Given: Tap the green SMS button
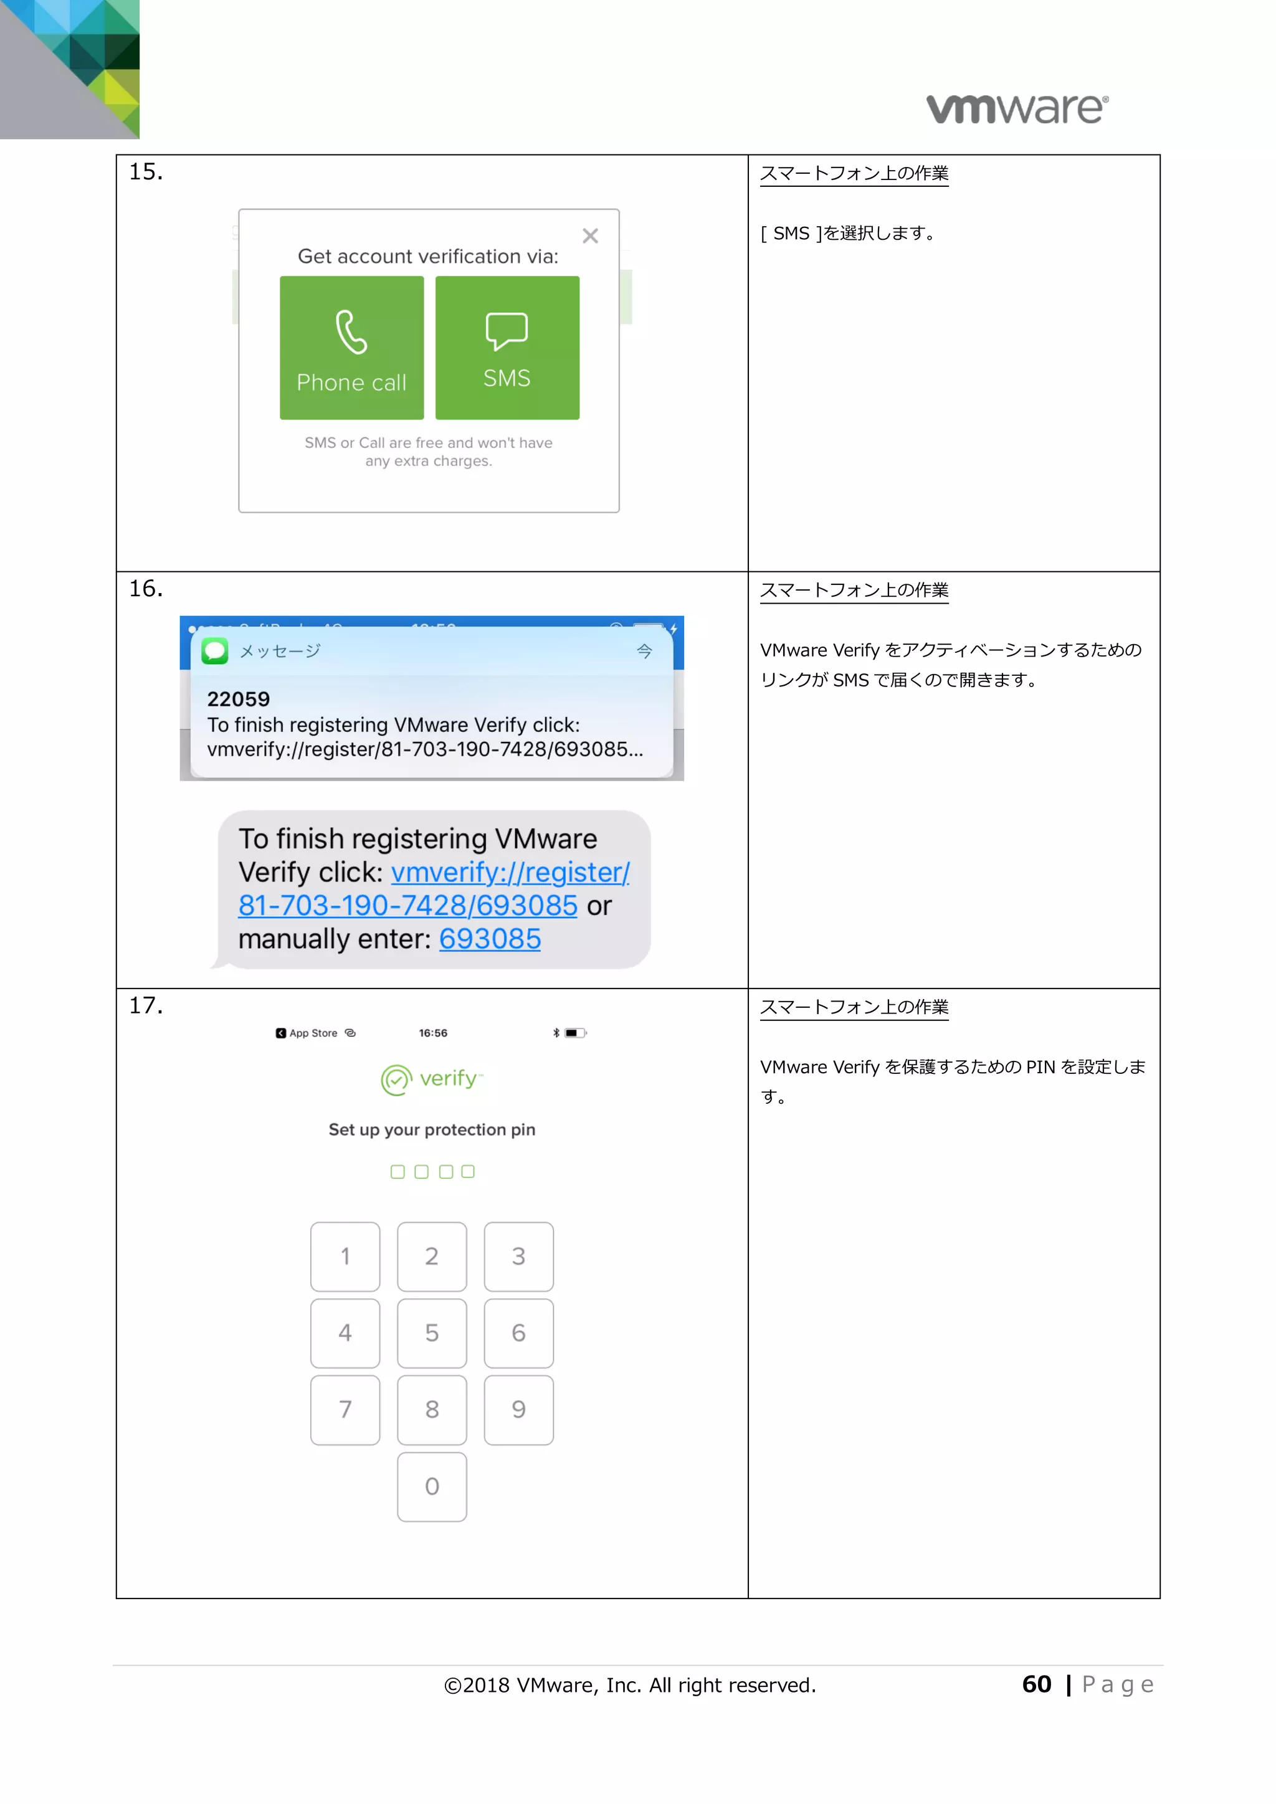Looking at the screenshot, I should click(x=507, y=348).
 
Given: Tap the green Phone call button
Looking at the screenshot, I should click(x=351, y=348).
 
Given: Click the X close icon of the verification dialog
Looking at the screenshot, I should click(x=590, y=235).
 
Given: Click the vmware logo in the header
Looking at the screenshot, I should click(x=1017, y=108).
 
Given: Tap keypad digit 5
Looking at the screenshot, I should click(x=431, y=1332).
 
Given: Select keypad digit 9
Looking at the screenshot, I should click(x=518, y=1410).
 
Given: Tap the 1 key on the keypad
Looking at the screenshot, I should click(x=345, y=1256).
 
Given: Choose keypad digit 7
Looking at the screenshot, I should click(x=345, y=1410).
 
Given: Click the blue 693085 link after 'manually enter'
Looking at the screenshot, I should click(x=490, y=939).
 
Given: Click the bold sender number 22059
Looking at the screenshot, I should click(x=238, y=698).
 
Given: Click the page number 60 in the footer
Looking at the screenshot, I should click(x=1036, y=1684).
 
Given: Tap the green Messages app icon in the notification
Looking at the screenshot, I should click(x=214, y=650).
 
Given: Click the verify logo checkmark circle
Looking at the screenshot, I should click(x=396, y=1080).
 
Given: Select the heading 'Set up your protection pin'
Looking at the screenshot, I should click(x=431, y=1129).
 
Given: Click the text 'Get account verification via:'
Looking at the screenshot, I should click(x=427, y=256).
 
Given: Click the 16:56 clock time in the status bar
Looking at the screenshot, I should click(x=433, y=1032).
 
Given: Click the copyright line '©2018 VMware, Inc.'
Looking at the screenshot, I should click(x=629, y=1686).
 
